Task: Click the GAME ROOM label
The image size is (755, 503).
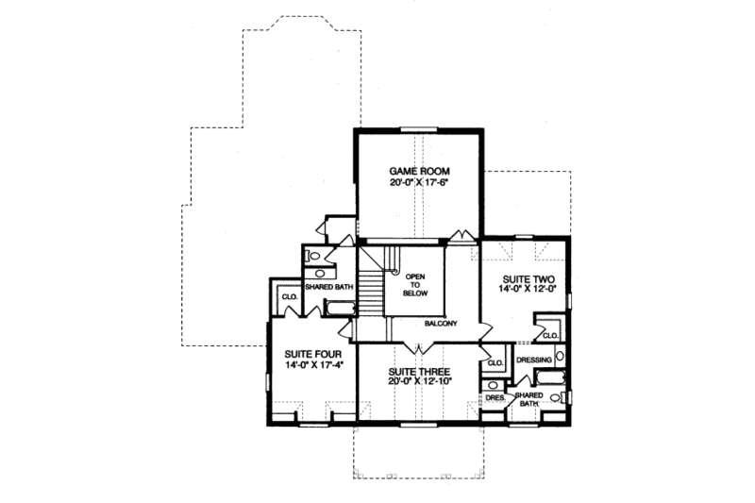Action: click(416, 172)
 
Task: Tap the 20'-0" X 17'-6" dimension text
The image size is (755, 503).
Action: click(416, 183)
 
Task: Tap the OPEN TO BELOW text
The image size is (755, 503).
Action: click(416, 285)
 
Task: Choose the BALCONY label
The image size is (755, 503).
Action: click(440, 324)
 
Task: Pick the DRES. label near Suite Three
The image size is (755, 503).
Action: click(494, 398)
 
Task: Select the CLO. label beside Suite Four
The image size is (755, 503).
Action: click(289, 298)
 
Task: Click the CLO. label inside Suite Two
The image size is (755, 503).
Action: click(550, 334)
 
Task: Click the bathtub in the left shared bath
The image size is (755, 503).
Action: click(338, 306)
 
